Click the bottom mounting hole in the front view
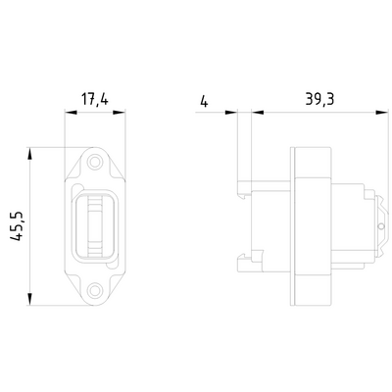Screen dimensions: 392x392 click(94, 290)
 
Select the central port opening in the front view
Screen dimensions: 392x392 click(94, 224)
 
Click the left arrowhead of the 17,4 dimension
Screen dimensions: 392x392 click(69, 111)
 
